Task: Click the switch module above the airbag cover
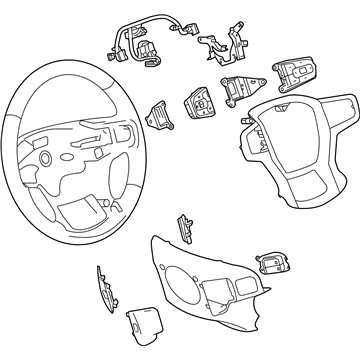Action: tap(300, 75)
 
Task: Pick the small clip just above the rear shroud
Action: tap(185, 224)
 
